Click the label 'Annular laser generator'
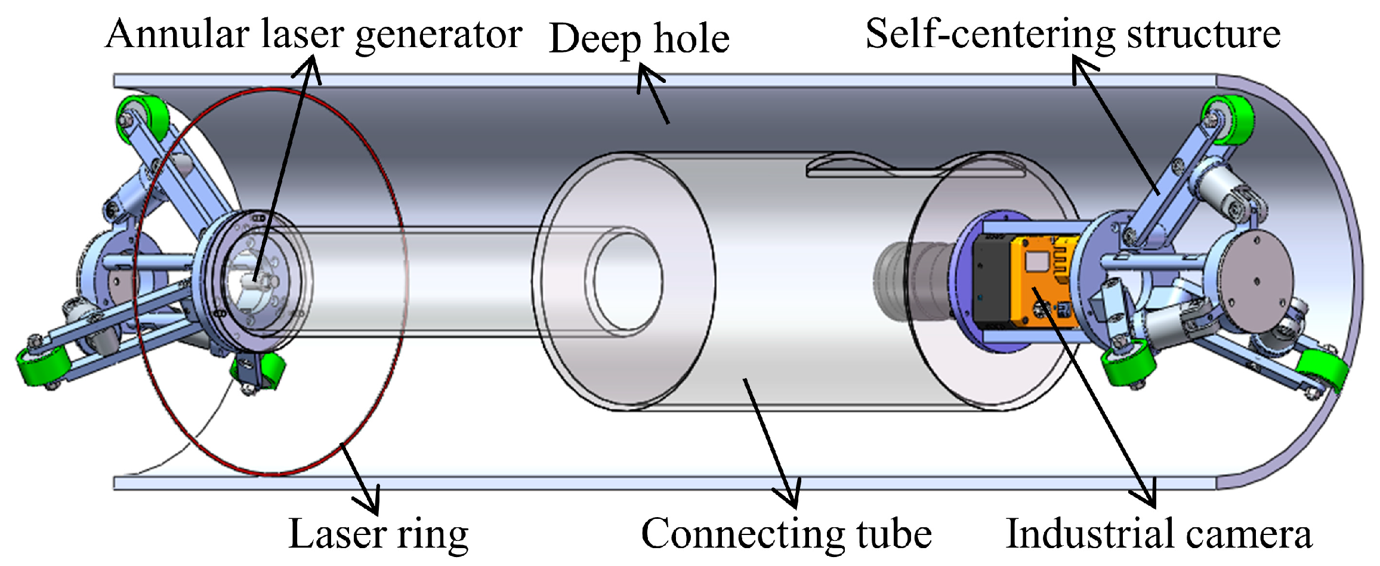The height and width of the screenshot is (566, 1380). (314, 34)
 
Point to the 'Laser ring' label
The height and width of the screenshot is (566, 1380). (378, 534)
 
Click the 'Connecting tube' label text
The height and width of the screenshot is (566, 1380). (786, 534)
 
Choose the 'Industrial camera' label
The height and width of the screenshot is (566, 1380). (1159, 534)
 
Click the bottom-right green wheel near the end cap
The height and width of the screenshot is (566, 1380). (1322, 370)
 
